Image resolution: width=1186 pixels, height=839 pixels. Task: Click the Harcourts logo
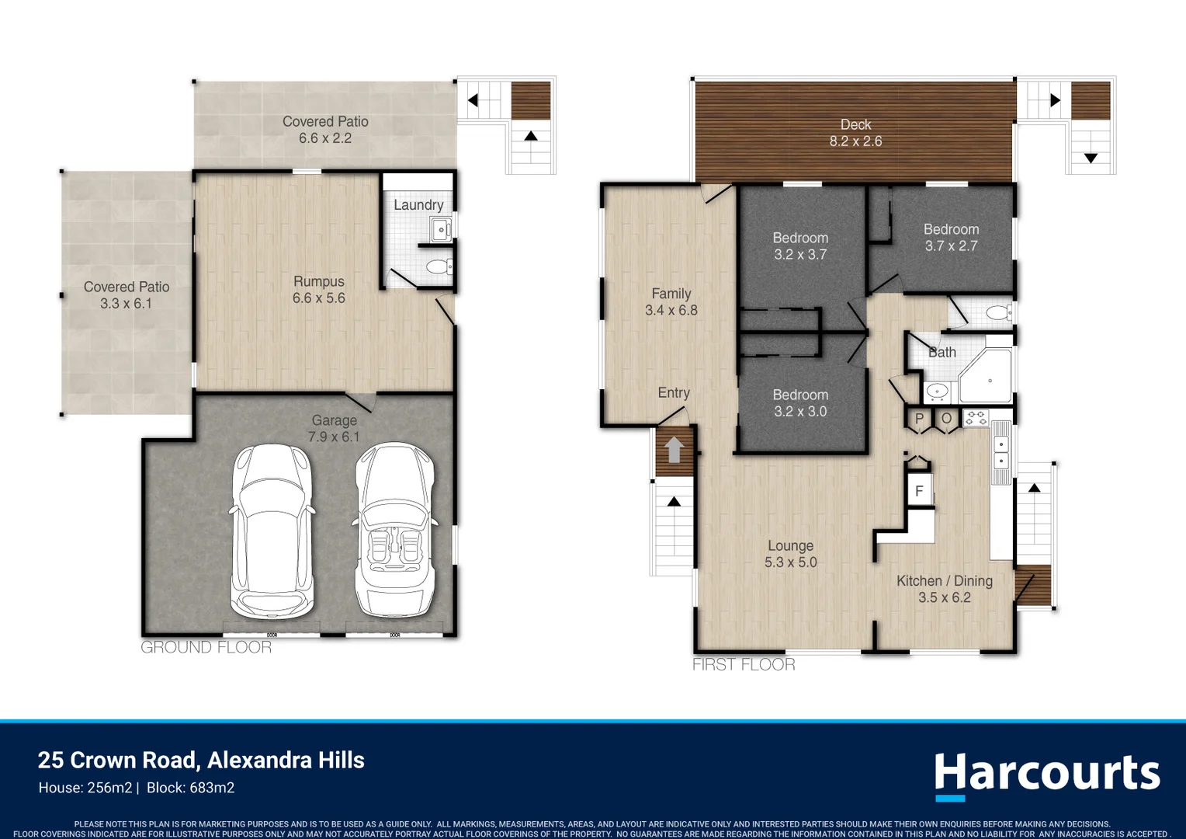click(x=1046, y=775)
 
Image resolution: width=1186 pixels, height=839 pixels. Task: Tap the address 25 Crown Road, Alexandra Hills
click(x=201, y=760)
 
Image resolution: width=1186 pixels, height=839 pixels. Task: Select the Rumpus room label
click(x=318, y=290)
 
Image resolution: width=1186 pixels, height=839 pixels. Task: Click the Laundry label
click(x=418, y=205)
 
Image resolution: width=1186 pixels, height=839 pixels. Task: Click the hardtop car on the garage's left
click(x=272, y=531)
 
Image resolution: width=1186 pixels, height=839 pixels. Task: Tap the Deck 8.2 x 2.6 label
click(x=855, y=133)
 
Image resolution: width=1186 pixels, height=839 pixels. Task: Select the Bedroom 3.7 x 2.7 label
click(x=951, y=238)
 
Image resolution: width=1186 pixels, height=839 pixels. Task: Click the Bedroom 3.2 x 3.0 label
click(x=800, y=403)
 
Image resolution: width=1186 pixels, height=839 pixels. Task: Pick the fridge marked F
click(x=920, y=491)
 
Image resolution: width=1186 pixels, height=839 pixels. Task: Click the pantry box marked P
click(x=920, y=419)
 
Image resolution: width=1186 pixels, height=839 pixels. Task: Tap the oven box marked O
click(x=946, y=419)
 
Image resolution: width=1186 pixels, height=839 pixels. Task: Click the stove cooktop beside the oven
click(x=976, y=418)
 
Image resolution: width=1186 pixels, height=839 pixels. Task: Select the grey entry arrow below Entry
click(x=674, y=450)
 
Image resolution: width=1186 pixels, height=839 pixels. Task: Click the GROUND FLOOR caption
click(x=206, y=647)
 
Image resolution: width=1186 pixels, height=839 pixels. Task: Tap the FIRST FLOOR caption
click(x=744, y=664)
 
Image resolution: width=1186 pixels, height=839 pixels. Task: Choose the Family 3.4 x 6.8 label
click(x=671, y=302)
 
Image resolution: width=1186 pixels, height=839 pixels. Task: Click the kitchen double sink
click(x=1001, y=452)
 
